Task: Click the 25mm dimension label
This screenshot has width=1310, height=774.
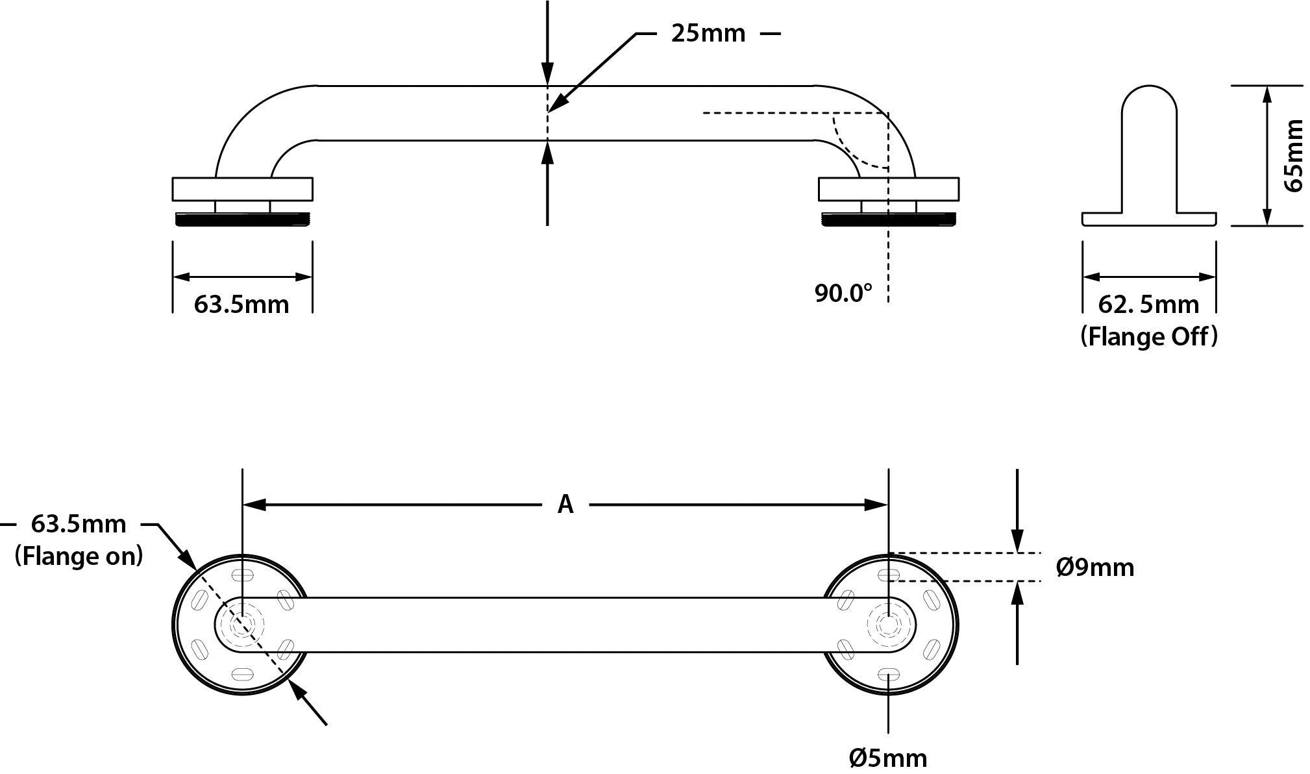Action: point(708,33)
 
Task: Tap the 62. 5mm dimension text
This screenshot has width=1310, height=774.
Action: point(1148,304)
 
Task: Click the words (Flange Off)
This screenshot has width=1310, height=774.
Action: point(1148,336)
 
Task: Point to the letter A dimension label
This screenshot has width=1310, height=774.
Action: point(565,504)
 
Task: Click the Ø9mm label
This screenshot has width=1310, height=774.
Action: point(1094,568)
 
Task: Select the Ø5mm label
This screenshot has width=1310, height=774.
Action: point(887,757)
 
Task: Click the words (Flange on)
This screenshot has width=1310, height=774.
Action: point(79,556)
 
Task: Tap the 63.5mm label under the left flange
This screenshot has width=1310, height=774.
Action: point(241,304)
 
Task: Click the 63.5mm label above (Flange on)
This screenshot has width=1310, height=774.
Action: point(79,523)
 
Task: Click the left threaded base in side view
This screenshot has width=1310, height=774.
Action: point(242,220)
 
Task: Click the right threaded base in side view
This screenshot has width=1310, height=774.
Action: point(889,220)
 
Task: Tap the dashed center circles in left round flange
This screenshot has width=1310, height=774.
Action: point(242,625)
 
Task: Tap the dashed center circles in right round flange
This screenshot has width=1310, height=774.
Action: point(887,625)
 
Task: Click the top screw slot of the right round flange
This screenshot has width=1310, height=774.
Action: point(887,575)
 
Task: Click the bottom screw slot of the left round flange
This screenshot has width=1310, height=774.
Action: point(242,674)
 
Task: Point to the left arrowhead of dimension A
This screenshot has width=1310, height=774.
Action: point(253,505)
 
